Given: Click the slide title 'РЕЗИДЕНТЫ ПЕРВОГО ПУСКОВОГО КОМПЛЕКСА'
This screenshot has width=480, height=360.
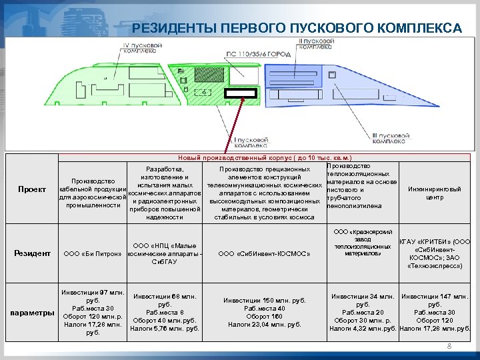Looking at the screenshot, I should coord(296,28).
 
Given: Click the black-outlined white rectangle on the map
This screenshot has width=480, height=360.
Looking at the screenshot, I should coord(235,95).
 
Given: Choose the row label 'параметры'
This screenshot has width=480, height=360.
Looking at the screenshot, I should coord(33,312).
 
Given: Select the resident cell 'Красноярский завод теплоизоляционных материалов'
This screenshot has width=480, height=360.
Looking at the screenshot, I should coord(363,243).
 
